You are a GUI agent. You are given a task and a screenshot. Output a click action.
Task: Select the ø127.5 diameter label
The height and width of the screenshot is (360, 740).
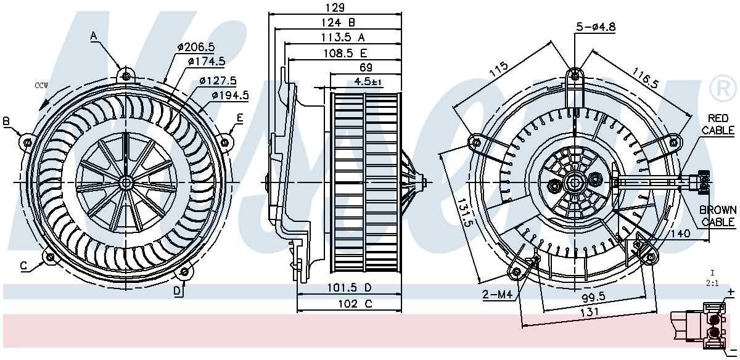(x=218, y=80)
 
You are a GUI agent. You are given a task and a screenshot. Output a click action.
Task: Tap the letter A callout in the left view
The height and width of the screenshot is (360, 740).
(x=94, y=36)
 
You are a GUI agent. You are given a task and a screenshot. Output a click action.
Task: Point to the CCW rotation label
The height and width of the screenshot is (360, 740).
(x=41, y=85)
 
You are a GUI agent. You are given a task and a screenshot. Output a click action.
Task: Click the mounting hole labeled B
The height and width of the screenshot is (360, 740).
(x=28, y=141)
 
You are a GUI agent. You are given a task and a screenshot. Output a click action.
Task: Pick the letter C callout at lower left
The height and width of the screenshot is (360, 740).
(x=23, y=266)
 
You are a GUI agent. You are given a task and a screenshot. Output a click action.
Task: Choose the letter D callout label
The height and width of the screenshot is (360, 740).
(x=177, y=291)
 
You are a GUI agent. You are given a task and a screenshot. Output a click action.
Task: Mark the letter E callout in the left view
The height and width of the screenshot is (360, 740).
(x=239, y=118)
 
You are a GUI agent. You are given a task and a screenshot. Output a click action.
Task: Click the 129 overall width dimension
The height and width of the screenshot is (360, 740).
(x=335, y=7)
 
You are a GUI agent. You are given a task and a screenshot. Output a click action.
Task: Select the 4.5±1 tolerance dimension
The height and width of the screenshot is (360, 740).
(x=369, y=81)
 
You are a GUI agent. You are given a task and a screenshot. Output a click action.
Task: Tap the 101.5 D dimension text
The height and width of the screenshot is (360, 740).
(x=349, y=288)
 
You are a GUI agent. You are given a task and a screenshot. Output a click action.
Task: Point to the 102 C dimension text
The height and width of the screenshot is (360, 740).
(x=349, y=303)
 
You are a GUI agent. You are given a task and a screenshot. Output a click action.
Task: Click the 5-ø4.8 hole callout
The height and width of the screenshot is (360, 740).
(x=596, y=27)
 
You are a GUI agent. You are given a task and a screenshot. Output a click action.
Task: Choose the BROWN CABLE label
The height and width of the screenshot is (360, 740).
(x=718, y=216)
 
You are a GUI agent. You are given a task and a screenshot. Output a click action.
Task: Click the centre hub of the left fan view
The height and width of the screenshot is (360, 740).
(x=126, y=182)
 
